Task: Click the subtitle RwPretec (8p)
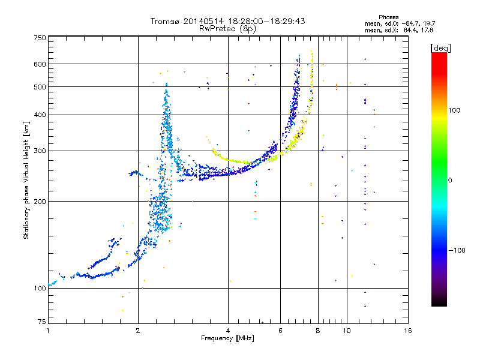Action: click(227, 29)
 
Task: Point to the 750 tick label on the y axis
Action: click(40, 38)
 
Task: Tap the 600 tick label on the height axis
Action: click(40, 64)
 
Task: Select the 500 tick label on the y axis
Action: click(40, 87)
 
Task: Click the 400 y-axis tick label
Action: click(40, 115)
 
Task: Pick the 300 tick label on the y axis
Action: click(40, 151)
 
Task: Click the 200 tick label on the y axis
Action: click(40, 202)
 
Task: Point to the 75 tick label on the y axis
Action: click(42, 322)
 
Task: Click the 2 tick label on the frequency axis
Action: click(138, 331)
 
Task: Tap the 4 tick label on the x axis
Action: click(228, 331)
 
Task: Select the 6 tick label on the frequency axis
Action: click(280, 331)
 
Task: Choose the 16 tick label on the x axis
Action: click(408, 331)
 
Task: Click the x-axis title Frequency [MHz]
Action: click(227, 338)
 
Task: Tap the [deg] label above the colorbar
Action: click(440, 49)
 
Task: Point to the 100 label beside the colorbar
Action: click(454, 110)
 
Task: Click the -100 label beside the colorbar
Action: click(457, 250)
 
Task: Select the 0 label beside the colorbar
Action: click(450, 181)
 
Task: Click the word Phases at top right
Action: click(388, 17)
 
